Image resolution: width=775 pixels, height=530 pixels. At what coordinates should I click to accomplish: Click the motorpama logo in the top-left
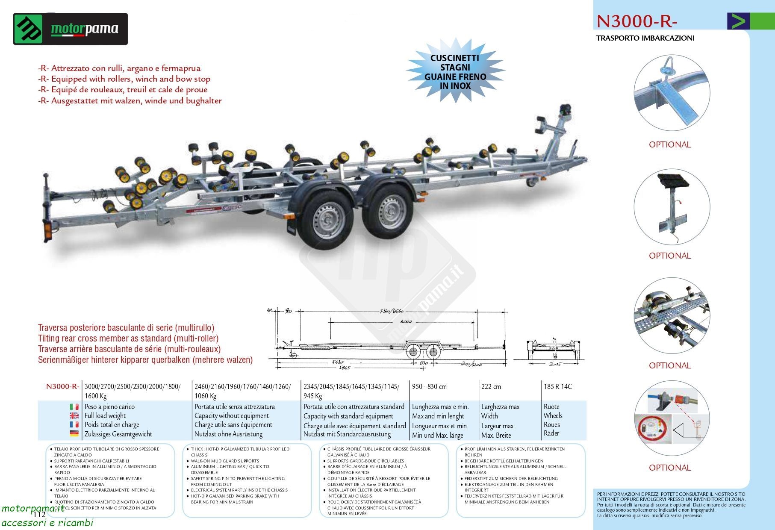pos(71,29)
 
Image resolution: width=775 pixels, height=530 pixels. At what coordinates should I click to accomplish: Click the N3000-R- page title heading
pos(637,21)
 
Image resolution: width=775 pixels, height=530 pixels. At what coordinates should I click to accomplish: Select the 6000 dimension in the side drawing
pos(406,321)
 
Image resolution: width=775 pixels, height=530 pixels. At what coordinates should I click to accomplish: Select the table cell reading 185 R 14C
pos(557,386)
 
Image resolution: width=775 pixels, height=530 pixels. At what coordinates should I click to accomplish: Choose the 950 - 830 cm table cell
pos(429,386)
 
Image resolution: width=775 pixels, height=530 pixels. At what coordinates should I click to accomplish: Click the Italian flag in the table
pos(74,406)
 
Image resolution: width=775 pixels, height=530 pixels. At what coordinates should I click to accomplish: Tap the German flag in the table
pos(74,434)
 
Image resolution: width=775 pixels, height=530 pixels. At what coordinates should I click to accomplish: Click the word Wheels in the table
pos(553,415)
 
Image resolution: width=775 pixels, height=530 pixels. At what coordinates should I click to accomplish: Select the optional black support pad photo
pos(672,207)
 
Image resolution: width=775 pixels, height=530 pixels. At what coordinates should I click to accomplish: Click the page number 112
pos(39,514)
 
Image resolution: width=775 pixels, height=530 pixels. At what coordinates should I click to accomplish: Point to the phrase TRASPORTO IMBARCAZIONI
pos(645,38)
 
